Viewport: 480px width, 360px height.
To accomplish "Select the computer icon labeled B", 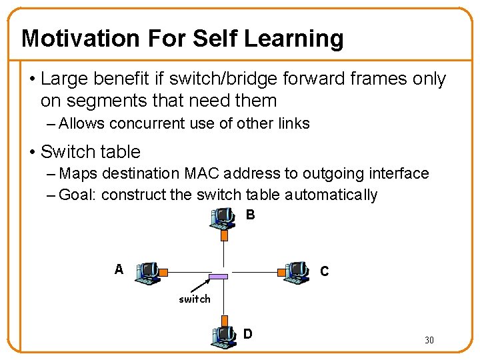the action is click(223, 219).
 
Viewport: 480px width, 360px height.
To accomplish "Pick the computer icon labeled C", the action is click(295, 271).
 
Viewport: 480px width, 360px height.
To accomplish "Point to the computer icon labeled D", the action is click(223, 335).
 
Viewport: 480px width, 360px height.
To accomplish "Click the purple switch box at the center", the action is click(218, 276).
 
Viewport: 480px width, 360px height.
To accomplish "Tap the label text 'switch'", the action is click(194, 299).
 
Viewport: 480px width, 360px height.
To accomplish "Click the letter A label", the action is click(119, 269).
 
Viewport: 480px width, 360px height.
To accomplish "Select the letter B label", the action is click(250, 215).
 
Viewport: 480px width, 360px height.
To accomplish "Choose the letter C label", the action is click(324, 271).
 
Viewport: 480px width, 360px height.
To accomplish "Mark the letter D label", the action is click(248, 333).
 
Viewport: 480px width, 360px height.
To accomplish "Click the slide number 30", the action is click(429, 341).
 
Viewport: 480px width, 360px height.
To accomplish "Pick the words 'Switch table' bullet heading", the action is click(91, 152).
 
